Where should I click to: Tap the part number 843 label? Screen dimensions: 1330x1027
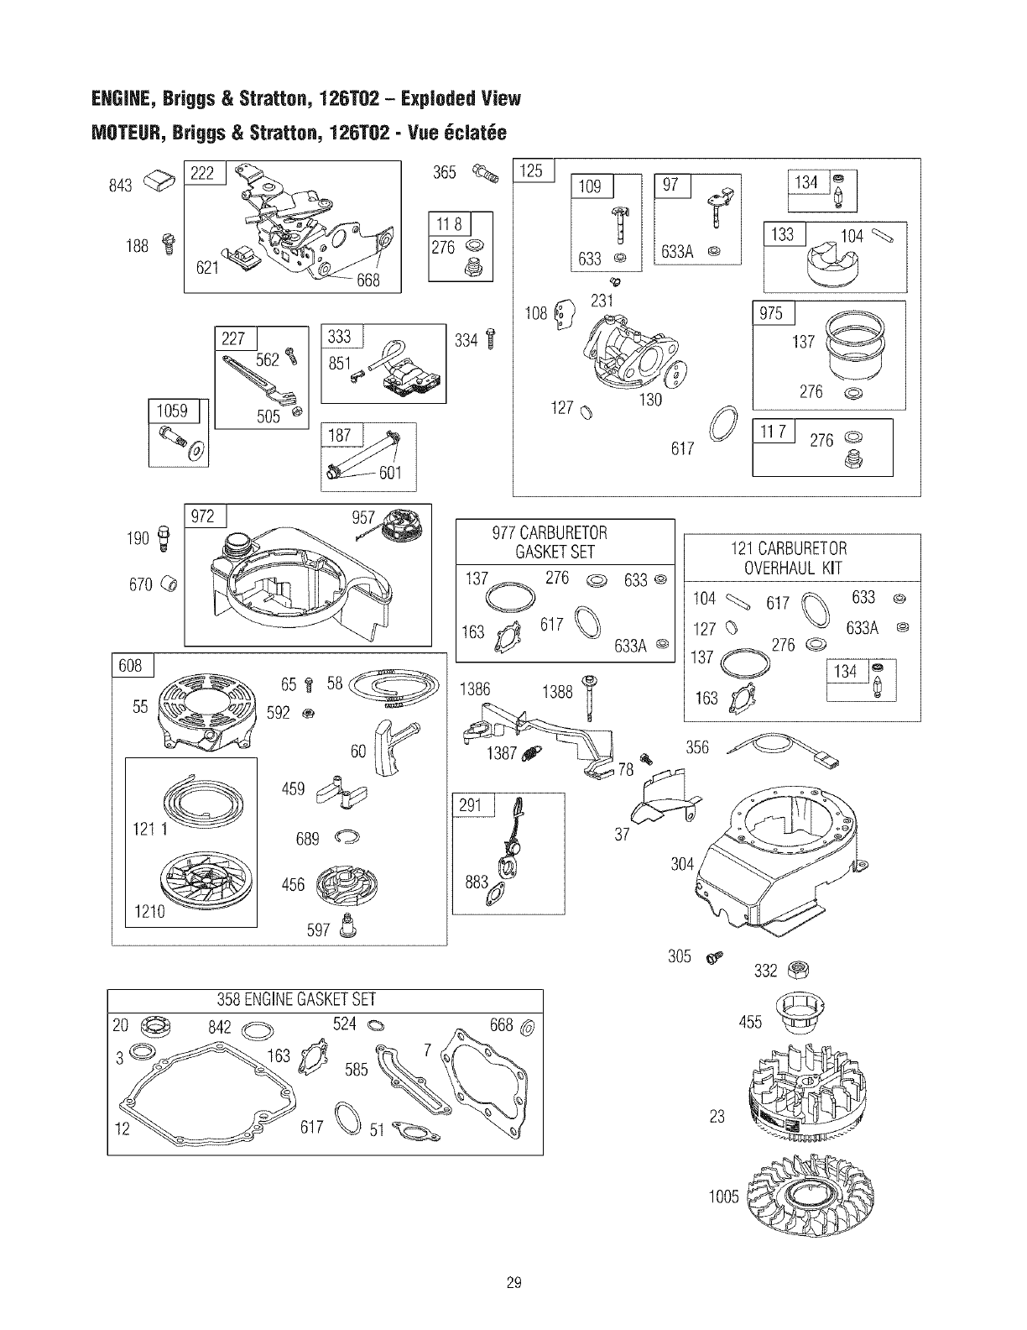[121, 185]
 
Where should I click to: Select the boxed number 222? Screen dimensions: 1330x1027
[202, 174]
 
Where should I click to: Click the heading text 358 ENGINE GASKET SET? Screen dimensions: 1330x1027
[297, 999]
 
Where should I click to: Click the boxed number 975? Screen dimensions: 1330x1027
[770, 312]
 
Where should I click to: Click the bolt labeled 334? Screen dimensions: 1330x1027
[492, 339]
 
